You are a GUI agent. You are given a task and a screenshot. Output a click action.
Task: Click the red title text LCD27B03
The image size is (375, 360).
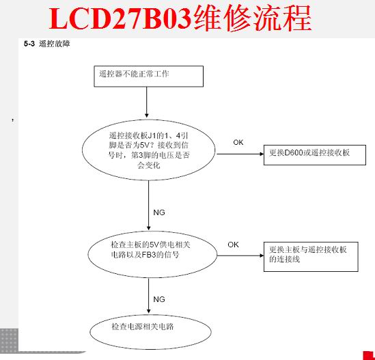(x=120, y=18)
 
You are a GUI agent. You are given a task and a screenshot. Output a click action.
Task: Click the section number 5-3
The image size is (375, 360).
(x=29, y=44)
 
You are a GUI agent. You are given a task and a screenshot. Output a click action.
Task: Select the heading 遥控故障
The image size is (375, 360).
(x=55, y=44)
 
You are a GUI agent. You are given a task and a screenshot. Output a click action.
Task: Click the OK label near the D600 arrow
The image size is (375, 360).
(x=238, y=142)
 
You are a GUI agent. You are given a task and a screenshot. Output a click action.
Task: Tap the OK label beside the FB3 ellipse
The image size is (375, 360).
(x=233, y=245)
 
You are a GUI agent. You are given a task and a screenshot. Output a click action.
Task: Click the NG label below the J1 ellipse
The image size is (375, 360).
(x=159, y=212)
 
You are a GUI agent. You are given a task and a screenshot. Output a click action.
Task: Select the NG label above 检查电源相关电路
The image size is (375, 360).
(x=159, y=299)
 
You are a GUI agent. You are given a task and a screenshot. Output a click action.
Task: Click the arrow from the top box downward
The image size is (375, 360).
(x=147, y=102)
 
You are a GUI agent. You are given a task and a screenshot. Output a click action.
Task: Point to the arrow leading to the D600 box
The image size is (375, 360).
(x=240, y=154)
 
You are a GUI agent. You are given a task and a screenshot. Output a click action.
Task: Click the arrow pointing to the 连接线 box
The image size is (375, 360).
(x=240, y=255)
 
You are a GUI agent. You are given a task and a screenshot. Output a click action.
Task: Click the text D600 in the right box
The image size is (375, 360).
(x=294, y=152)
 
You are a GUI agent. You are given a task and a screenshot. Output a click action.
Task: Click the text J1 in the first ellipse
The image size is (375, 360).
(x=152, y=136)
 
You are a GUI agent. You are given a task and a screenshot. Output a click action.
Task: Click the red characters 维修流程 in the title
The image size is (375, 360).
(x=253, y=18)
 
